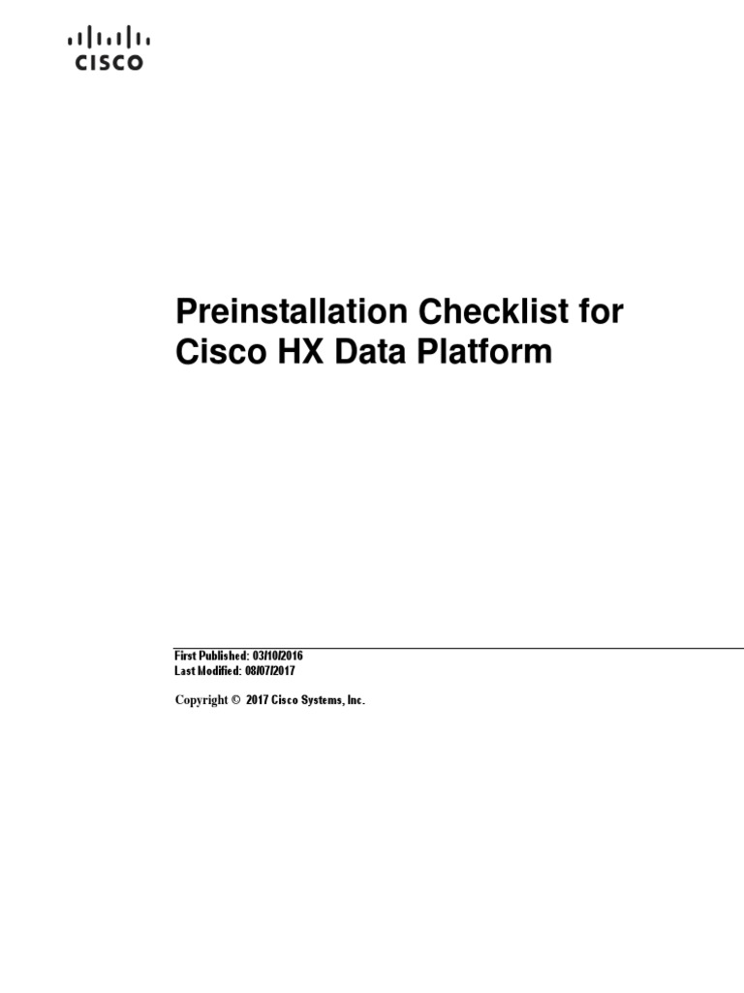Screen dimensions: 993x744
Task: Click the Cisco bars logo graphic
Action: pyautogui.click(x=108, y=38)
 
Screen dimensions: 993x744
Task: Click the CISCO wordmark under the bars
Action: pyautogui.click(x=108, y=62)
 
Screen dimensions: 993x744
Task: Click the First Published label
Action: pyautogui.click(x=208, y=657)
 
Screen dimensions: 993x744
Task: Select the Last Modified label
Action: pyautogui.click(x=205, y=671)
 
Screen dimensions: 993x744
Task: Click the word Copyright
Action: pyautogui.click(x=201, y=699)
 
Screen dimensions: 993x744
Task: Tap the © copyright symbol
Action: pyautogui.click(x=235, y=699)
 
